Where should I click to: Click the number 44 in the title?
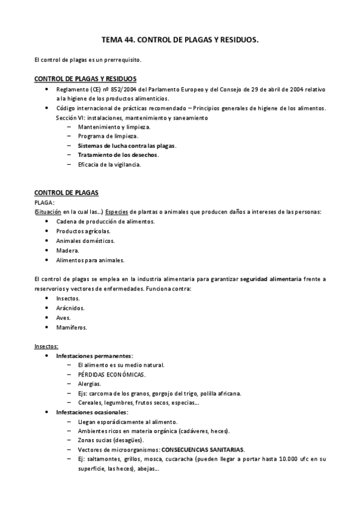127,39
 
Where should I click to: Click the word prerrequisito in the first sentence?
121,60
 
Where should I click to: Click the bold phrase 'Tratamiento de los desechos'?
118,155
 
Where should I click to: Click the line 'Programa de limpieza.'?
104,136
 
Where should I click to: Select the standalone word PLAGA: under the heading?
44,203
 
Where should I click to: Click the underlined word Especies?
117,212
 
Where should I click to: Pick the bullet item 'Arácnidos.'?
70,308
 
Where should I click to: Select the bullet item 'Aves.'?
63,318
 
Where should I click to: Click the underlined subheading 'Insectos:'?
46,346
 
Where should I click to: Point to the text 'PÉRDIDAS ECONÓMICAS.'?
111,375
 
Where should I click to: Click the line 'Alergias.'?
89,384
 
